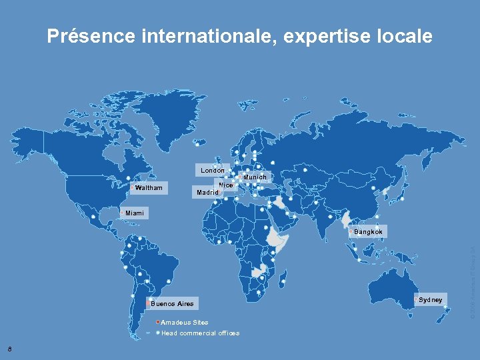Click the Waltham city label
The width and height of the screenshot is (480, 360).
[148, 188]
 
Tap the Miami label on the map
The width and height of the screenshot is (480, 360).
[134, 213]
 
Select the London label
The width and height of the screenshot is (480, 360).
[213, 171]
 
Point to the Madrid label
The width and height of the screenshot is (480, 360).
[207, 193]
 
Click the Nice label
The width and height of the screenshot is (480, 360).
[225, 185]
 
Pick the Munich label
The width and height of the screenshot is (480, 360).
[255, 177]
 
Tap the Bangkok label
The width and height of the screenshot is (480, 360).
[368, 232]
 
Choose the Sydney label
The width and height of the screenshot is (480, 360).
[430, 300]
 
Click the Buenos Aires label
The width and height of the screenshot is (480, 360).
[172, 304]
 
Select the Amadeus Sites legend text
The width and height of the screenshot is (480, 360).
[185, 323]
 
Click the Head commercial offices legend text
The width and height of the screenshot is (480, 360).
[200, 333]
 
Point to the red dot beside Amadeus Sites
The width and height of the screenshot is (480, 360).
[157, 323]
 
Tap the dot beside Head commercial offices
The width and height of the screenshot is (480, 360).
[157, 333]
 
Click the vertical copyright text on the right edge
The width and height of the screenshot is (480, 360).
[472, 280]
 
